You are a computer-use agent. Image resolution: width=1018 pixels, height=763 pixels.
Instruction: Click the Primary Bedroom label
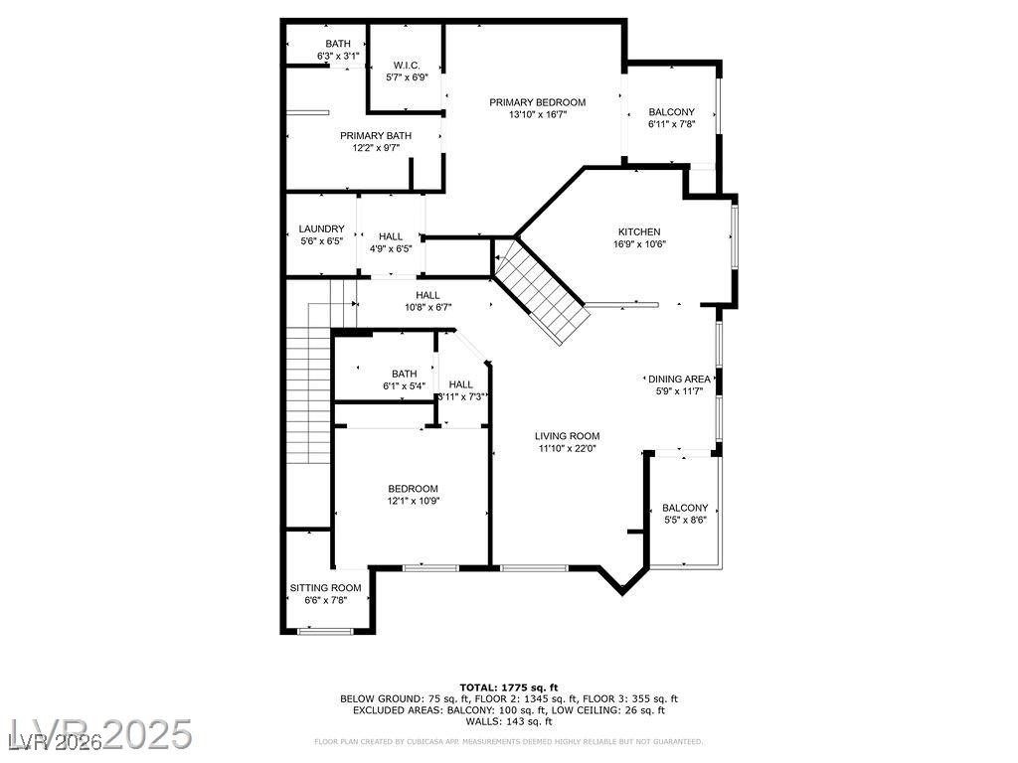coord(537,102)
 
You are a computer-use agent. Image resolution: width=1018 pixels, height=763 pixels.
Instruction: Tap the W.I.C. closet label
coord(407,65)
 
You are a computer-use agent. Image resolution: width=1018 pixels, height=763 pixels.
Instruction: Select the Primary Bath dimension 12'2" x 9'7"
coord(375,148)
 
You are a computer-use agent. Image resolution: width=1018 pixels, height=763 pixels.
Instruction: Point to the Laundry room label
coord(321,229)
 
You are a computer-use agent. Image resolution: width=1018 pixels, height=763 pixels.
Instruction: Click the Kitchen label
coord(638,231)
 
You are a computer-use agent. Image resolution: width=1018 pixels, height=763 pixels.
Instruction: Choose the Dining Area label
coord(679,379)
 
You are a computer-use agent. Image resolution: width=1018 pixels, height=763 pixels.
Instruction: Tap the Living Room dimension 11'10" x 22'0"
coord(567,449)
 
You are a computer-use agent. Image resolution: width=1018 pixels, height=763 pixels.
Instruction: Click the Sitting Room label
coord(325,587)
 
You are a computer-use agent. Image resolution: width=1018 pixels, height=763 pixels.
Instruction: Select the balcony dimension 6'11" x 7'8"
coord(671,124)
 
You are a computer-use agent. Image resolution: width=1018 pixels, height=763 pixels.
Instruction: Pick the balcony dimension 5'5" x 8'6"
coord(685,520)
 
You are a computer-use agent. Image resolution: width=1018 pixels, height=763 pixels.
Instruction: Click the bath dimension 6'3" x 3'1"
coord(337,56)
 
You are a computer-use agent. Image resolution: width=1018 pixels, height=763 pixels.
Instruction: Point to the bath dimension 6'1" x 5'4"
coord(404,385)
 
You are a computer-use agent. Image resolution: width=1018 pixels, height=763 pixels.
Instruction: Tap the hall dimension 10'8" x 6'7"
coord(427,307)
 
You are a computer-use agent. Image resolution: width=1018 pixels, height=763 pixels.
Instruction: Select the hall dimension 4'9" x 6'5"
coord(391,248)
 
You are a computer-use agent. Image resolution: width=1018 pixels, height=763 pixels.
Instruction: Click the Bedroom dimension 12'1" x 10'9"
coord(412,501)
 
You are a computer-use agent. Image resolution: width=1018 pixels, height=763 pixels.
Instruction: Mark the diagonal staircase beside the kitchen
coord(543,293)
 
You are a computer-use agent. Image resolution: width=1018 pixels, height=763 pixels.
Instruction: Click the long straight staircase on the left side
coord(307,397)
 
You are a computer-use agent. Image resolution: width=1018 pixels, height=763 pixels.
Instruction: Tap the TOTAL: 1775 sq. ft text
coord(508,687)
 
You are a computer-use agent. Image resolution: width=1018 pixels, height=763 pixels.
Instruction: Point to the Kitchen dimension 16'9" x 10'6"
coord(638,244)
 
